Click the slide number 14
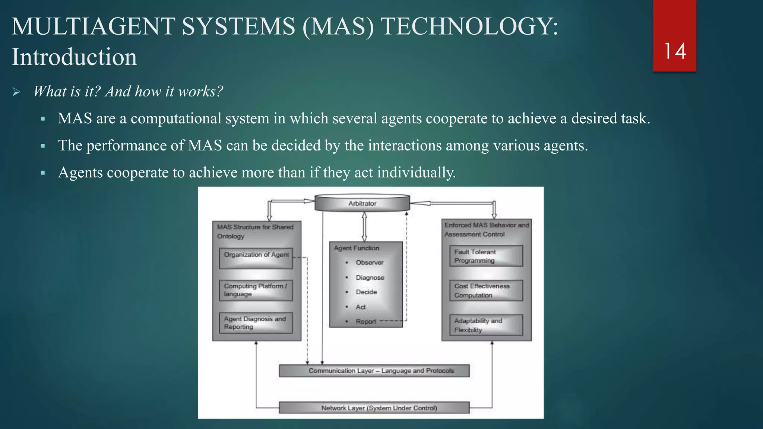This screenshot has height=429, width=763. click(675, 51)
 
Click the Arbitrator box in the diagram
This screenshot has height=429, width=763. click(362, 203)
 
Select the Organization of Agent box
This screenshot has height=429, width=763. click(256, 258)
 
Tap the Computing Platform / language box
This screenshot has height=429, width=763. click(256, 290)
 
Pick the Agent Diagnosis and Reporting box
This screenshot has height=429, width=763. click(256, 323)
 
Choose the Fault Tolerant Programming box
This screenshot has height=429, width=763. click(486, 256)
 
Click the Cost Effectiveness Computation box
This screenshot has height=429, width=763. click(486, 290)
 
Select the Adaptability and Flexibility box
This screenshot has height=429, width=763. click(486, 325)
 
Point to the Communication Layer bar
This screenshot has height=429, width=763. click(374, 371)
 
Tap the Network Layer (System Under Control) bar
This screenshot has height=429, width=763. click(374, 408)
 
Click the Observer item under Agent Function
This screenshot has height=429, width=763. click(369, 263)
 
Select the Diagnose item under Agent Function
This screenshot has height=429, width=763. click(370, 278)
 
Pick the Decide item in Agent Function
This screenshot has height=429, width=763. click(366, 292)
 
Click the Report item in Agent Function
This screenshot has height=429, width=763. click(366, 322)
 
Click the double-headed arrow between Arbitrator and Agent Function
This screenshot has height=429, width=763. click(364, 227)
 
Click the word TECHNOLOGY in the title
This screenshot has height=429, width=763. click(469, 26)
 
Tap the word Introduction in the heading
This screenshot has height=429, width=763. click(74, 57)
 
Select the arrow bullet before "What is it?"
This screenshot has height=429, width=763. click(16, 92)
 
